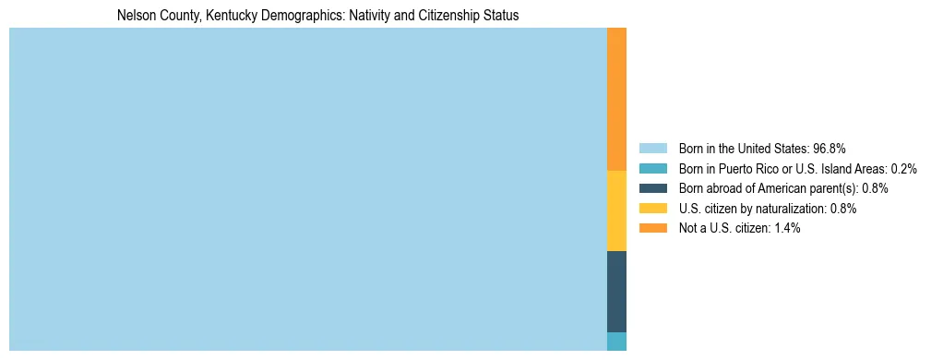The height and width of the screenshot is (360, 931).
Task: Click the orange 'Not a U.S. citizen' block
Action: (x=616, y=99)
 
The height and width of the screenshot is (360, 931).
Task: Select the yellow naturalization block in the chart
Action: (x=616, y=210)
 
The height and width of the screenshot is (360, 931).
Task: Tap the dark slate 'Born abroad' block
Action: (x=616, y=291)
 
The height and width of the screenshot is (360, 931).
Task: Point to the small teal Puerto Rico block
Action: (x=616, y=341)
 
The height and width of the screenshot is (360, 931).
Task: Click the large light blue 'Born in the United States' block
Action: (x=307, y=189)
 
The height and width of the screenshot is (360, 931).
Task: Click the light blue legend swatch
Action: (x=652, y=148)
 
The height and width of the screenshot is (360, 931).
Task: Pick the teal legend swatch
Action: (x=652, y=168)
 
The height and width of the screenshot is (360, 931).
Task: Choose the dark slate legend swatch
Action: (x=652, y=188)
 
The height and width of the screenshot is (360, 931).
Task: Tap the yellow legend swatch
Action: (x=652, y=209)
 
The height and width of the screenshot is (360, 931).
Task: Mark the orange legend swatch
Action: (x=652, y=228)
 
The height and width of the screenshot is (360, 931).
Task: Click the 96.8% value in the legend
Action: (x=829, y=148)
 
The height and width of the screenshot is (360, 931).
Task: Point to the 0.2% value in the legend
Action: (x=903, y=168)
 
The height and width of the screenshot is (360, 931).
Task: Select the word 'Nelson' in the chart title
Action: (x=135, y=16)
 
